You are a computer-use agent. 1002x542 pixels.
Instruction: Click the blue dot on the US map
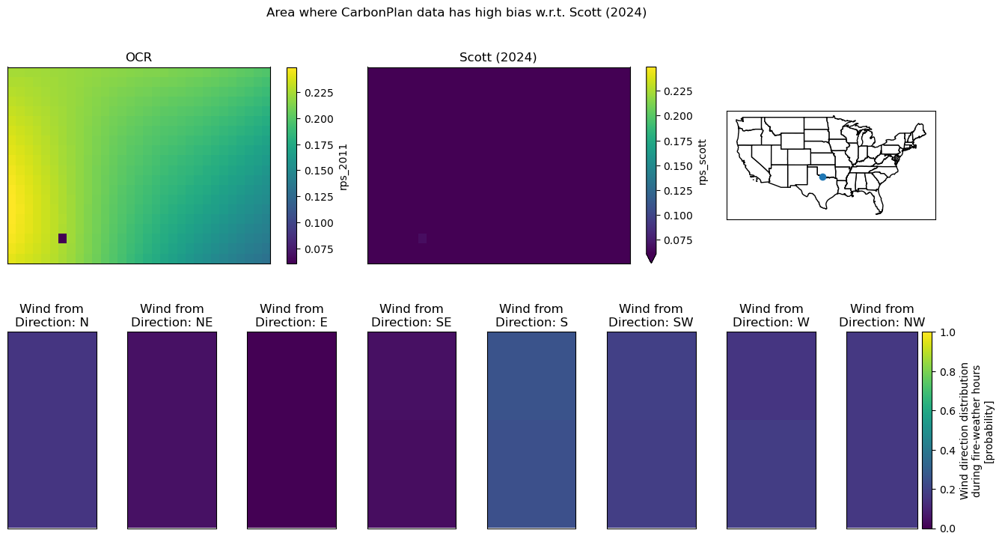click(822, 177)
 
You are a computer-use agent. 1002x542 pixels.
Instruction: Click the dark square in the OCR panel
click(63, 239)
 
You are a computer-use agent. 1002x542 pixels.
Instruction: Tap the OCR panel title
click(138, 58)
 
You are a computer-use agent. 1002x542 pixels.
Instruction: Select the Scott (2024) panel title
click(498, 58)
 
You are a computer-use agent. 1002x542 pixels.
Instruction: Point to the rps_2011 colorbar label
click(343, 167)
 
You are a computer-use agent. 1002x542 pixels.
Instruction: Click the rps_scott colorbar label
click(702, 162)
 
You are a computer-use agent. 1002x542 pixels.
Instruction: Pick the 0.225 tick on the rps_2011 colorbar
click(319, 93)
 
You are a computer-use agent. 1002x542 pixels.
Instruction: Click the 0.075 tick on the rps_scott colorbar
click(678, 240)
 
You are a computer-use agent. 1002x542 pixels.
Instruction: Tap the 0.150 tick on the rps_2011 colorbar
click(319, 171)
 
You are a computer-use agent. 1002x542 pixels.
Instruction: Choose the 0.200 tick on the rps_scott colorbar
click(678, 116)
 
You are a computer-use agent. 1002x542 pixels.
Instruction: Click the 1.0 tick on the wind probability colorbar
click(947, 332)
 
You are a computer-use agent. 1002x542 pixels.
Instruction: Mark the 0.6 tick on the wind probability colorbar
click(947, 411)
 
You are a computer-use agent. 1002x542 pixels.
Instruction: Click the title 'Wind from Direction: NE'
click(172, 315)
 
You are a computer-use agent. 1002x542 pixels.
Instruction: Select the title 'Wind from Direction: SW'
click(651, 315)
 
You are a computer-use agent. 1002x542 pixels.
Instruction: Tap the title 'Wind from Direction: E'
click(292, 315)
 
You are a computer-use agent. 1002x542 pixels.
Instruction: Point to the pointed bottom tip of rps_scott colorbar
click(651, 263)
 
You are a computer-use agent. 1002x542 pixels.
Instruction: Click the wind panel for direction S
click(531, 430)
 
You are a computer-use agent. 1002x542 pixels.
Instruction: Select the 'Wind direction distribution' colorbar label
click(965, 431)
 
